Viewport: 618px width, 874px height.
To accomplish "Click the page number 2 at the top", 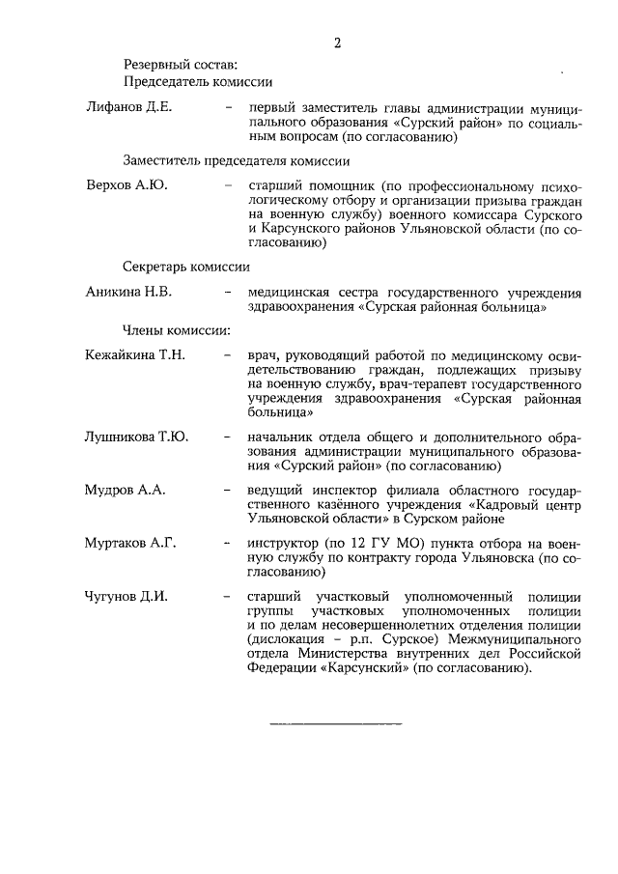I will tap(337, 42).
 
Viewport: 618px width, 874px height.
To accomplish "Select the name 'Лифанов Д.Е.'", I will tap(128, 107).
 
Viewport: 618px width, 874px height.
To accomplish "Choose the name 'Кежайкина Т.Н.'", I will tap(134, 354).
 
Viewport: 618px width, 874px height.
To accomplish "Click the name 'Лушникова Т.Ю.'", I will tap(136, 437).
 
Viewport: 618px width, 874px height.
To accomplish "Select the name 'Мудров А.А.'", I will tap(126, 491).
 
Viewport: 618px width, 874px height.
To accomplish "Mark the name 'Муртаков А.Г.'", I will tap(130, 544).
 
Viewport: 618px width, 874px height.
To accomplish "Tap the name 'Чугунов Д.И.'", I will tap(126, 596).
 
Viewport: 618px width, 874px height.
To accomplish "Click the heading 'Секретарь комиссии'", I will tap(186, 266).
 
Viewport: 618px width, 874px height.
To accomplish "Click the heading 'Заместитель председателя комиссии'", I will tap(236, 159).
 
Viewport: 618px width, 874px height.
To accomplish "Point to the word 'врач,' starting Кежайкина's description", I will tap(264, 355).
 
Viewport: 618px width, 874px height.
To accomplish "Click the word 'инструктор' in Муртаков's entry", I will tap(282, 544).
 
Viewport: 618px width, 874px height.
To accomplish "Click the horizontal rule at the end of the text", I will tap(335, 722).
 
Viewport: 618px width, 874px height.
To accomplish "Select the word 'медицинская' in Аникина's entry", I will tap(290, 291).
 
